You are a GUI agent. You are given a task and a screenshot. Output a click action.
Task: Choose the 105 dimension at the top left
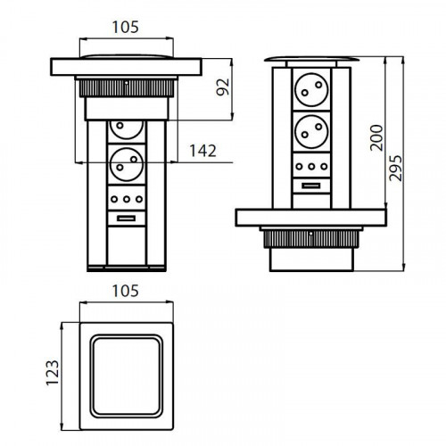(125, 28)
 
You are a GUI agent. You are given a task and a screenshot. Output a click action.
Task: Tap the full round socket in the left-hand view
(126, 166)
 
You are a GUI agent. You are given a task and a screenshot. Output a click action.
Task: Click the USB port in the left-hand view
(126, 219)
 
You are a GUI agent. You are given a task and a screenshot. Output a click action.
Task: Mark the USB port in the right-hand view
(310, 184)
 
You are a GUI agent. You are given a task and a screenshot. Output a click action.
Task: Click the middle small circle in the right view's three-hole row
(310, 166)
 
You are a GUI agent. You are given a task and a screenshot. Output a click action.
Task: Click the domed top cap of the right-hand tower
(310, 60)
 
